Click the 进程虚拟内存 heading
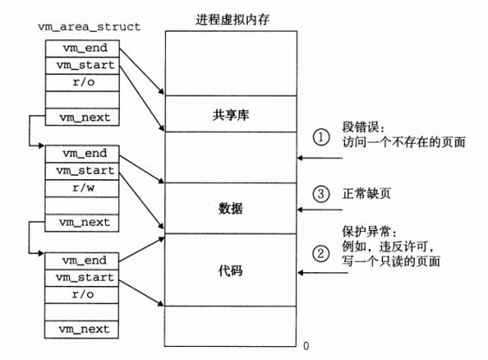click(232, 17)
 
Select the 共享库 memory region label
click(232, 114)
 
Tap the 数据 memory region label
click(232, 208)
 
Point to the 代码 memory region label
click(232, 270)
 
